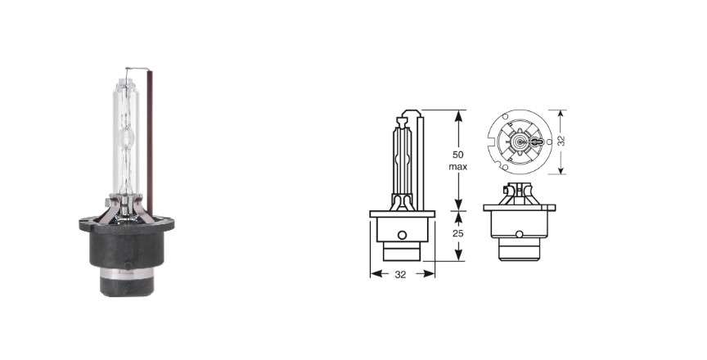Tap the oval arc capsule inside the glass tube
click(126, 137)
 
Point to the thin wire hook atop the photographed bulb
click(137, 69)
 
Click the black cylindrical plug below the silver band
click(127, 287)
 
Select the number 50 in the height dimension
click(457, 155)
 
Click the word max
click(457, 167)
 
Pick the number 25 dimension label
click(458, 234)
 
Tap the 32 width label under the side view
click(400, 274)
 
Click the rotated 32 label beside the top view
click(561, 141)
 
